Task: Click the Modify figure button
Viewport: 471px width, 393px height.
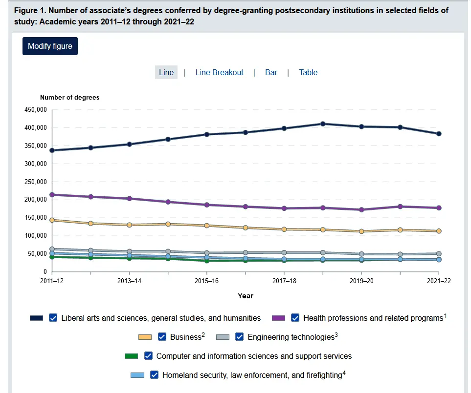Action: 50,46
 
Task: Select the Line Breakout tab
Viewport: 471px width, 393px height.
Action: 219,72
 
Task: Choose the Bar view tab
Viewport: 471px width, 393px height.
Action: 271,72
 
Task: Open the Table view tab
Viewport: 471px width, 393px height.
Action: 308,72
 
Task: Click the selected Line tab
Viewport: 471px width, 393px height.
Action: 166,72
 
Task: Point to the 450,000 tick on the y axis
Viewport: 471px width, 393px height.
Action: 35,110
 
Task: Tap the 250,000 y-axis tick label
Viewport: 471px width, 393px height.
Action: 35,182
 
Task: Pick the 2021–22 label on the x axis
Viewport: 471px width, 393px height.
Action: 439,282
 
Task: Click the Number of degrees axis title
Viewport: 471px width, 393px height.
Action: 69,98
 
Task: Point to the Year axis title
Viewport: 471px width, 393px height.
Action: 246,296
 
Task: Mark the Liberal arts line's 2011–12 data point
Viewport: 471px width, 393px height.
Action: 52,150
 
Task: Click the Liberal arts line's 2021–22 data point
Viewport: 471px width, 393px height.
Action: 439,134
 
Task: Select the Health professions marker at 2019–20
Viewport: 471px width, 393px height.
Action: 361,210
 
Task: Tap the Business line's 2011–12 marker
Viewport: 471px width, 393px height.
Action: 52,220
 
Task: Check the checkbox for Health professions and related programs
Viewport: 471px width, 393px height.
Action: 295,318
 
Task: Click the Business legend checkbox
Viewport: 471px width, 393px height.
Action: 162,337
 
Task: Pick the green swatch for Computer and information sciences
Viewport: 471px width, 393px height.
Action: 132,356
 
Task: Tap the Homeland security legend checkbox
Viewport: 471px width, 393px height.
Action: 155,375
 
